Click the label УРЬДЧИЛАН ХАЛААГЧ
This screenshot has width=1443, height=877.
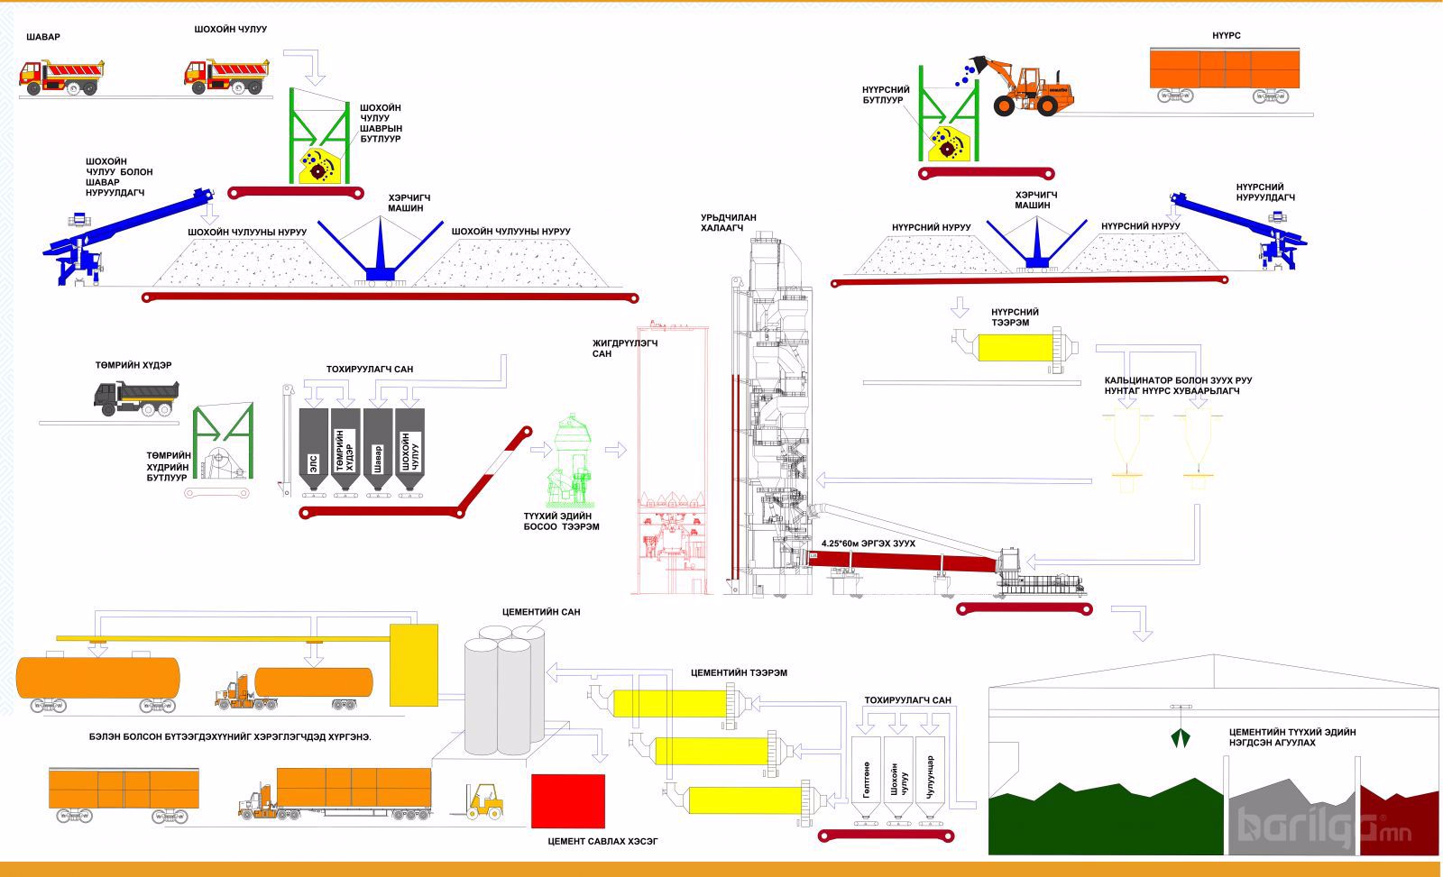tap(728, 223)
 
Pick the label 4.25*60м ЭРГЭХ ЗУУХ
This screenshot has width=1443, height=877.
tap(868, 544)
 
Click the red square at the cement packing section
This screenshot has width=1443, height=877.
tap(568, 800)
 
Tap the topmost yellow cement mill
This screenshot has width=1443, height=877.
tap(669, 703)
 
